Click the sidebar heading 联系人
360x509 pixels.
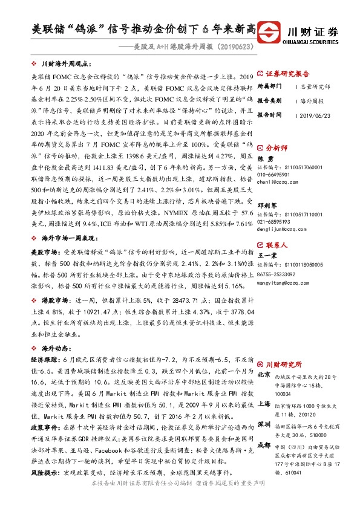[275, 246]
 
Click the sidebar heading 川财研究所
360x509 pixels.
[284, 366]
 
